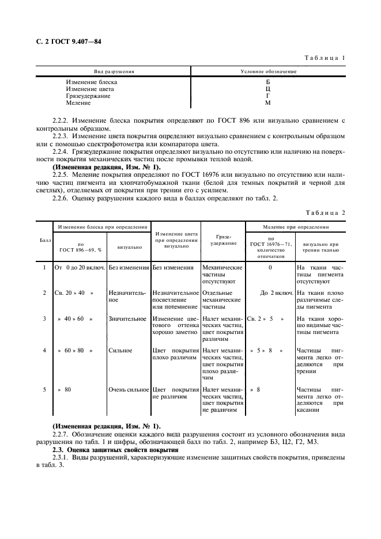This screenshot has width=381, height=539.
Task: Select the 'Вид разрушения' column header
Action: (114, 72)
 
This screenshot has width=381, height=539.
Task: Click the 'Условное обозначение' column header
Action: (268, 72)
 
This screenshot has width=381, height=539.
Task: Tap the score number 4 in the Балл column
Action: (44, 350)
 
